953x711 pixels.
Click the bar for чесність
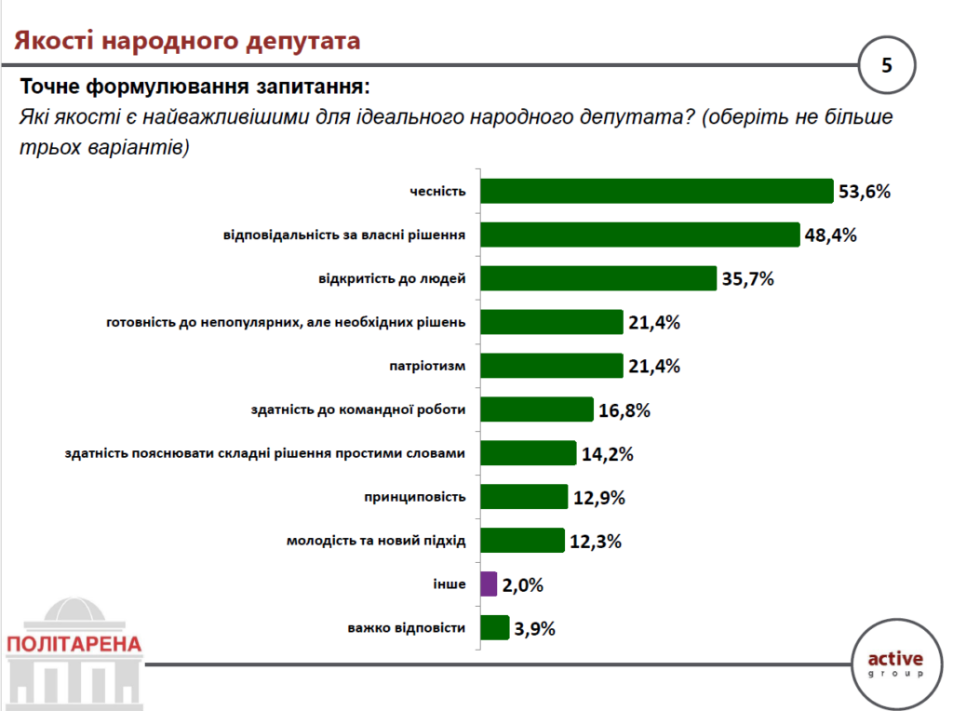pos(655,191)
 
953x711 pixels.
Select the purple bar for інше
pos(489,584)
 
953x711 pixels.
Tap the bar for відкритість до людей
pos(597,278)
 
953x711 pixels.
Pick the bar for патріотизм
pos(551,366)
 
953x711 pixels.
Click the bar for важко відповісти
pos(494,628)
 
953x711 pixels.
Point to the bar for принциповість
pos(523,497)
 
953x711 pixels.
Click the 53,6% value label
pos(865,192)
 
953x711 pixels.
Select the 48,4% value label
pos(831,235)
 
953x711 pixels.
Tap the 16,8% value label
pos(624,410)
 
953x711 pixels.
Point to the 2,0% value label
pos(523,585)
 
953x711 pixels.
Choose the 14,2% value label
pos(607,454)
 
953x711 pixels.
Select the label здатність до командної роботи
pos(357,409)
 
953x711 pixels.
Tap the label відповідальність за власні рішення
pos(344,235)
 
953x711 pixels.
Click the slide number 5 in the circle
pos(886,65)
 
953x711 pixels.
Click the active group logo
pos(895,663)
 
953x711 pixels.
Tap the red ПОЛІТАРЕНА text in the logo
pos(74,644)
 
